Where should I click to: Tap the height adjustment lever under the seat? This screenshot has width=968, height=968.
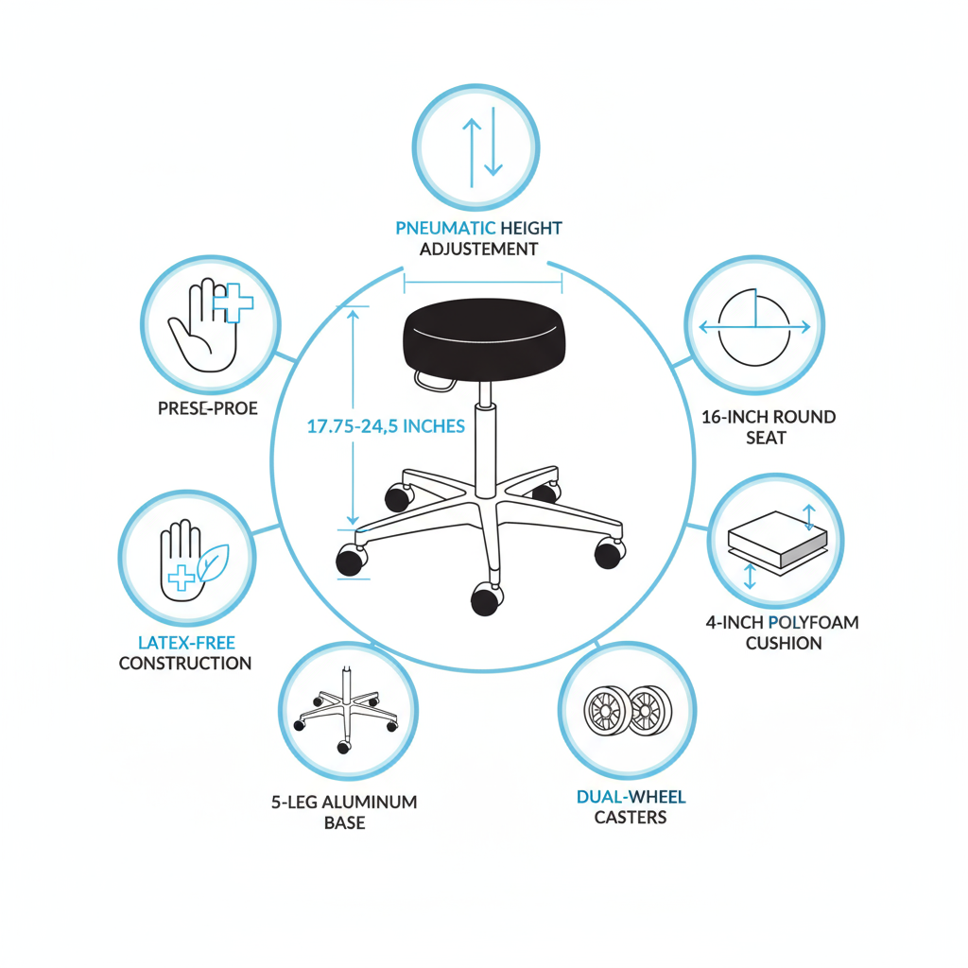pyautogui.click(x=433, y=381)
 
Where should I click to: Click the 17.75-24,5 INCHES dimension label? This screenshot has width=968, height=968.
pyautogui.click(x=386, y=426)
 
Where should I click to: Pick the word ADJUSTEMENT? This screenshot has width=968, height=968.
pyautogui.click(x=480, y=249)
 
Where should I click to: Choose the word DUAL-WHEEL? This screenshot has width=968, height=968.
pyautogui.click(x=631, y=797)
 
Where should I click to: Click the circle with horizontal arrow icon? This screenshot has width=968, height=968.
pyautogui.click(x=753, y=325)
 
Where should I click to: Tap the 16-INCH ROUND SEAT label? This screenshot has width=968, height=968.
pyautogui.click(x=769, y=427)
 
